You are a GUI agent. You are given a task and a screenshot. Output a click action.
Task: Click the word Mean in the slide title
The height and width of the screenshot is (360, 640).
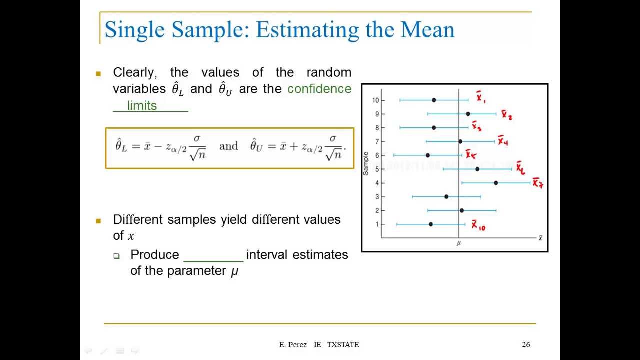[x=427, y=29]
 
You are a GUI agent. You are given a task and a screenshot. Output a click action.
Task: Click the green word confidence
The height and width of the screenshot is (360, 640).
[x=319, y=89]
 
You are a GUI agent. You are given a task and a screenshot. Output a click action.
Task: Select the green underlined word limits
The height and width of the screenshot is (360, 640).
[x=142, y=106]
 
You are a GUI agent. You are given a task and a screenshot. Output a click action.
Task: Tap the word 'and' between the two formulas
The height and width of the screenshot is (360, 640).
[x=228, y=146]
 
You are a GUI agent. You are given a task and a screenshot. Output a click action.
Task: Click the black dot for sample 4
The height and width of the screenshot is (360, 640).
[x=496, y=183]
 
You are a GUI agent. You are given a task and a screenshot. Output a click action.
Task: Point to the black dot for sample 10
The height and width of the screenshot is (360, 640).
[x=434, y=100]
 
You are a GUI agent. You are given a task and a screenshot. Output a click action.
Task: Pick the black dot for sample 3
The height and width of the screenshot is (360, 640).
[x=446, y=197]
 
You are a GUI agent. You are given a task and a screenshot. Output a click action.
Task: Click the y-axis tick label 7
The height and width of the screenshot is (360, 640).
[x=377, y=142]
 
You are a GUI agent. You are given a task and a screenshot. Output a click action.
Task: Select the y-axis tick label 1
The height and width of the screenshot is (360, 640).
[x=377, y=224]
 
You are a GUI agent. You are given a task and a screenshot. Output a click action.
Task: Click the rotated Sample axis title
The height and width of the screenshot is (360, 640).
[x=366, y=163]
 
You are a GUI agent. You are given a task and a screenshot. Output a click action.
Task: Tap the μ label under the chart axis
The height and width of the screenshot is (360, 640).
[x=458, y=243]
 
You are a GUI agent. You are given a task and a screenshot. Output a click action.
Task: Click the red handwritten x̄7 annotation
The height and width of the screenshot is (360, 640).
[x=537, y=183]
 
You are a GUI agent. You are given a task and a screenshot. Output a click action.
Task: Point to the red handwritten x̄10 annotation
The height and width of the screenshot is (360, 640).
[x=478, y=226]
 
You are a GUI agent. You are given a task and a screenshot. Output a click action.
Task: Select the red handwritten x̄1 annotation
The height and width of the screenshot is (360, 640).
[x=480, y=97]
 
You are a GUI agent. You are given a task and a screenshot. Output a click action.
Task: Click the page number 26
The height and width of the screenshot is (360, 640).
[x=526, y=344]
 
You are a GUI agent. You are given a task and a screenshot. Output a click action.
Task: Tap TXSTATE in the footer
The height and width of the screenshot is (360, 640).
[x=343, y=344]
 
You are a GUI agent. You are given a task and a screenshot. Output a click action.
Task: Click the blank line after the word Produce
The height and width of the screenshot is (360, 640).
[x=213, y=256]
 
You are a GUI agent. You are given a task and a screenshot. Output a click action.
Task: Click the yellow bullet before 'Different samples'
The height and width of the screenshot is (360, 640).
[x=98, y=220]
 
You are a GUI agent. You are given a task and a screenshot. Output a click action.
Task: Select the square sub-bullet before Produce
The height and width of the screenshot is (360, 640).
[x=116, y=256]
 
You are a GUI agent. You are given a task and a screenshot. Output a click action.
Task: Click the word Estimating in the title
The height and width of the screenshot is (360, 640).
[x=306, y=29]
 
